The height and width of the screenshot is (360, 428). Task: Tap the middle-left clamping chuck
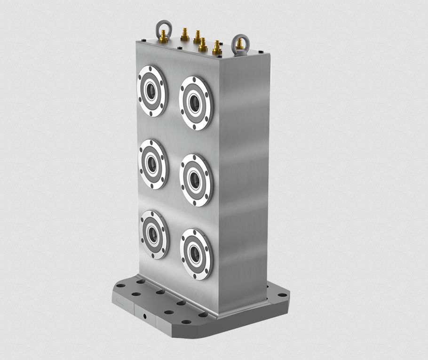click(x=153, y=163)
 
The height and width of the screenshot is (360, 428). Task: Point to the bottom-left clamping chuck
click(x=154, y=234)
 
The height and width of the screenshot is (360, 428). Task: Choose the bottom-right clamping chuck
click(x=196, y=254)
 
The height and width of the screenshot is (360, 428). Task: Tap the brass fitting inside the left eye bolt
click(x=163, y=34)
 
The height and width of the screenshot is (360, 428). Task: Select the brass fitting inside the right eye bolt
click(x=240, y=46)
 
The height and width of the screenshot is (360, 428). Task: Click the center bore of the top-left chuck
click(x=151, y=91)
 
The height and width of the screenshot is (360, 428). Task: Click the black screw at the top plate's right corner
click(x=261, y=51)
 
